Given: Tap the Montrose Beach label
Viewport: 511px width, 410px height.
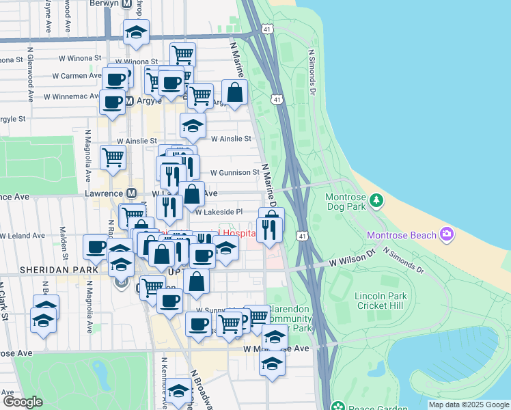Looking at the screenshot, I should pos(401,236).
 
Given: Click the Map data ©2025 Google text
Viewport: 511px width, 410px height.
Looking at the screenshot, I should pos(468,405).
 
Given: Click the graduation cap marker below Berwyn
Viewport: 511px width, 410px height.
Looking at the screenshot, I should pos(136,32).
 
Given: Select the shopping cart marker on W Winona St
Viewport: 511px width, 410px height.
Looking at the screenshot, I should pos(182,55).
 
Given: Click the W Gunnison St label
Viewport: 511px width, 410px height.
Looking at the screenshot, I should pos(235,173).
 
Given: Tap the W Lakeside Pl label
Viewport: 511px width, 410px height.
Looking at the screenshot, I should pos(219,213).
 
